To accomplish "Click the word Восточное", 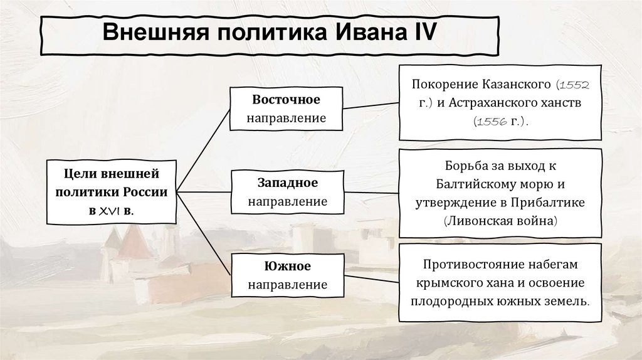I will point(287,100).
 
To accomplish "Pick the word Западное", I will point(287,183).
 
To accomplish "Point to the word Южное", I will point(287,267).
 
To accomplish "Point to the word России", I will point(147,192).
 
